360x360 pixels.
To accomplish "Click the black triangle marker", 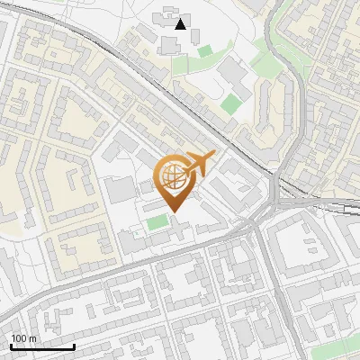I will coord(182,24).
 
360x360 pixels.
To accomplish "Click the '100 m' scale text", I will coord(23,338).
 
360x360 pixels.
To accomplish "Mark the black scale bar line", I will coord(42,346).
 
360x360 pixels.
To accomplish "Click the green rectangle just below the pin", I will coord(157,222).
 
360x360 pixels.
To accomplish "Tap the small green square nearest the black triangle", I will coord(204,51).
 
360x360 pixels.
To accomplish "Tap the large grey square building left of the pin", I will coord(120,190).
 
